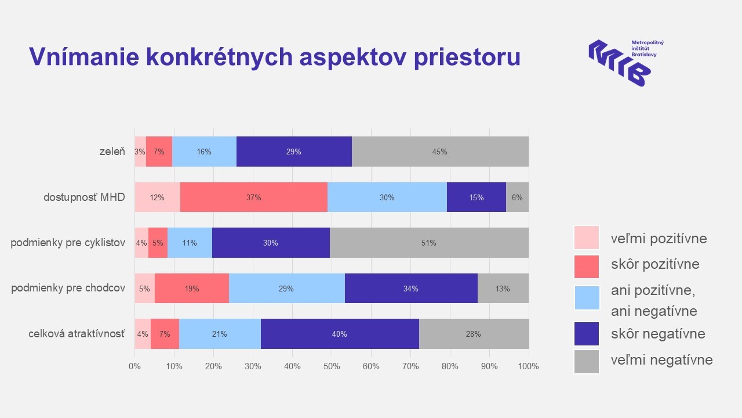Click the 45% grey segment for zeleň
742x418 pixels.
[440, 152]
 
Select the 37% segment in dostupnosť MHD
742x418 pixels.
[254, 197]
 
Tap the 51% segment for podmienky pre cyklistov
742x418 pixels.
[429, 243]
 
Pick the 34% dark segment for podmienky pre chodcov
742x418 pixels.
[411, 289]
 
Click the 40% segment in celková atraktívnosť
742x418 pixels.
[340, 334]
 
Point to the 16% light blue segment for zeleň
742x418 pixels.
[204, 152]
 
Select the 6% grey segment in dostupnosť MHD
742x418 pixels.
[517, 197]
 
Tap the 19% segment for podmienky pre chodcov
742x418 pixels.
[192, 289]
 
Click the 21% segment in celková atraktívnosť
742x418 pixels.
[220, 334]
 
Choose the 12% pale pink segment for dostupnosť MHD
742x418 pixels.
[158, 197]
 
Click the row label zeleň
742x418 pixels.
[112, 152]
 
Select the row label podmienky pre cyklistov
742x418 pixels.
[68, 243]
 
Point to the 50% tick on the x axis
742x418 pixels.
[332, 366]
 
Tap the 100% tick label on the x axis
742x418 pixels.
[528, 366]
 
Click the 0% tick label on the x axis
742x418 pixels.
[134, 366]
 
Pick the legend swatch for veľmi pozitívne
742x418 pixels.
[587, 238]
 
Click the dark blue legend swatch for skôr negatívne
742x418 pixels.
[587, 334]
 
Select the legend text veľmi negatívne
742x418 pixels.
[661, 360]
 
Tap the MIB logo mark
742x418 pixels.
[619, 63]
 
